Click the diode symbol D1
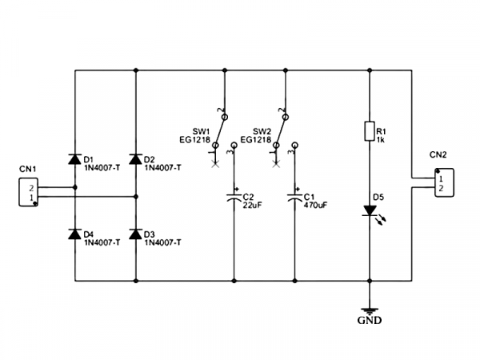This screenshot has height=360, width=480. coord(74,158)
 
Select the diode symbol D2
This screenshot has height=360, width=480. coord(135,158)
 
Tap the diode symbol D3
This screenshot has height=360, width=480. coord(135,234)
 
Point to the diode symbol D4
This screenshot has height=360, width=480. coord(74,234)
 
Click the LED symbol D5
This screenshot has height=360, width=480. coord(370,211)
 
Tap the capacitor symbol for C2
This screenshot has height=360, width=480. coord(234,197)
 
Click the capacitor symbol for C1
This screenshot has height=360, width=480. coord(295,197)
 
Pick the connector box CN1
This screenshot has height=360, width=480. coord(28,193)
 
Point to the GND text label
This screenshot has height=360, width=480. coord(370,322)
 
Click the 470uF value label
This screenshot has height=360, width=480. coord(315,205)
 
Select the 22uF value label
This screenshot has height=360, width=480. coord(253,205)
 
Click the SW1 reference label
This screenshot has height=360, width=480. coord(201,131)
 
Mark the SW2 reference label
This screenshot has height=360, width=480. coord(262,131)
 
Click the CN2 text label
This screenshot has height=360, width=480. coord(438,154)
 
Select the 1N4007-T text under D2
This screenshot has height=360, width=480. coord(163,168)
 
